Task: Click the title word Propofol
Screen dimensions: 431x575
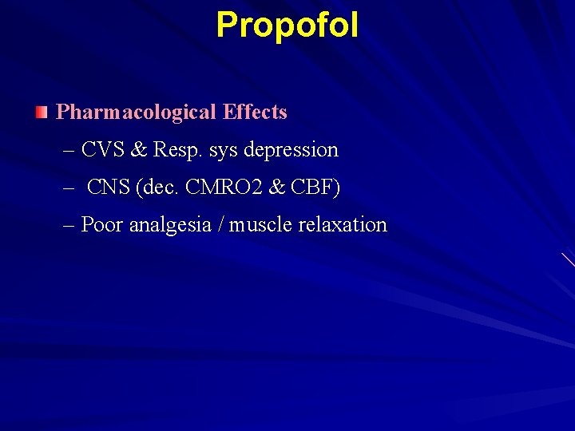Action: (287, 25)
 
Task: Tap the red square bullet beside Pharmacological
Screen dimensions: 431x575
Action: (42, 112)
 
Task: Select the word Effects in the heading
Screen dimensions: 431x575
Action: (255, 112)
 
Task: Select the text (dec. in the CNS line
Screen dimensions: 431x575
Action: (159, 188)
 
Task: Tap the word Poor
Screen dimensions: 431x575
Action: (102, 225)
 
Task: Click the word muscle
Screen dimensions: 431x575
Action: (260, 225)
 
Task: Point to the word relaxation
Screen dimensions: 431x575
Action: (343, 225)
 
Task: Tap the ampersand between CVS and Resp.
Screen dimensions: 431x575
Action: (140, 149)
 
